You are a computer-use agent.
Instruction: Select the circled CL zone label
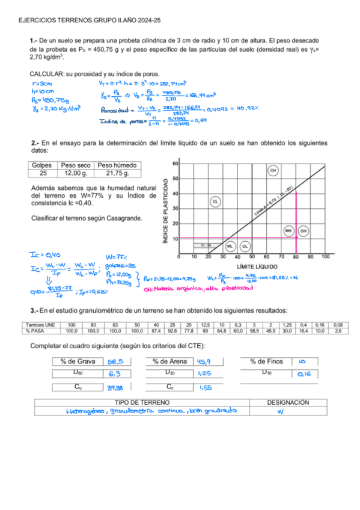click(x=215, y=202)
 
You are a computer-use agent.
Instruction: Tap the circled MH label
click(x=288, y=230)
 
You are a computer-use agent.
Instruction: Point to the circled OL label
click(x=245, y=246)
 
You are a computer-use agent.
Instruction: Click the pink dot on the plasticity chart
click(x=296, y=238)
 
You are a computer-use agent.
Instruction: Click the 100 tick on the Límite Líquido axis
click(x=325, y=257)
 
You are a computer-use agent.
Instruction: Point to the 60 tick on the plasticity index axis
click(x=175, y=164)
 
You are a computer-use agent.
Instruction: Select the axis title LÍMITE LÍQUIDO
click(x=257, y=266)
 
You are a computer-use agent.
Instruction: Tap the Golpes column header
click(x=42, y=165)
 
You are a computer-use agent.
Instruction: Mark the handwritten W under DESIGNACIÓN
click(x=280, y=412)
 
